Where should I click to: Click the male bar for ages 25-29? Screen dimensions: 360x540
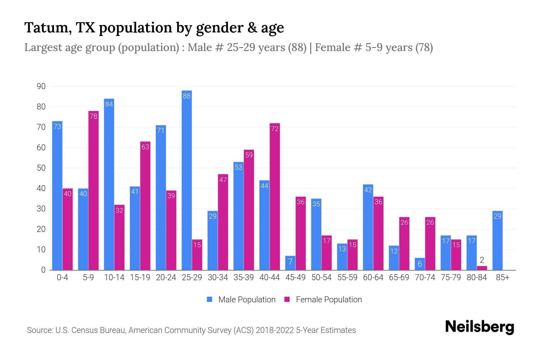tap(187, 180)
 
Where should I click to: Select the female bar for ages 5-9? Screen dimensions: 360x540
tap(93, 190)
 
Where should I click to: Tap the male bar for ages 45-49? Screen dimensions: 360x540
tap(290, 263)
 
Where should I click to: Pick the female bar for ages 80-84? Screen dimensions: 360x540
tap(482, 268)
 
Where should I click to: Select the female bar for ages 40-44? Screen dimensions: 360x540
tap(274, 196)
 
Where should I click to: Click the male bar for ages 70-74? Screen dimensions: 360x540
tap(420, 264)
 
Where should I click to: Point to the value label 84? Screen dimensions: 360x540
tap(109, 104)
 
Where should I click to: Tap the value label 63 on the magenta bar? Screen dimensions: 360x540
tap(145, 147)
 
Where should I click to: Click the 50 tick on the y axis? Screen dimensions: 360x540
tap(41, 168)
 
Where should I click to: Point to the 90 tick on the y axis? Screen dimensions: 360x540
tap(41, 86)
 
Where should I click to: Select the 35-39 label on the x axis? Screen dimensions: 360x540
tap(244, 277)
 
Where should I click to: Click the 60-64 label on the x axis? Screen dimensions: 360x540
tap(373, 277)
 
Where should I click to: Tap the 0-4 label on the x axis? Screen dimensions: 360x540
tap(62, 277)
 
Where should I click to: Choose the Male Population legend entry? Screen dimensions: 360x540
tap(247, 299)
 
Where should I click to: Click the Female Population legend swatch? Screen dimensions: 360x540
tap(287, 299)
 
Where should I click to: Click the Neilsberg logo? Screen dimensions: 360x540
tap(479, 327)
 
